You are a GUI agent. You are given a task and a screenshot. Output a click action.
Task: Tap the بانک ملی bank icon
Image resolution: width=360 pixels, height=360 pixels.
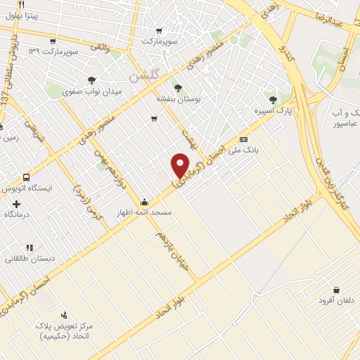click(244, 139)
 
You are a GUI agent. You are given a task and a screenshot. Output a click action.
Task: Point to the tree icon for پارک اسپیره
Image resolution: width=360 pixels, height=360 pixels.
click(273, 99)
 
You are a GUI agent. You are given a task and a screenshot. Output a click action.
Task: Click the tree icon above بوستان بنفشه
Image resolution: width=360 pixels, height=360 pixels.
click(177, 89)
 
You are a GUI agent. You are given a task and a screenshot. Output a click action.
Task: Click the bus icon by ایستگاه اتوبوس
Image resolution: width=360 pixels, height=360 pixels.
click(27, 178)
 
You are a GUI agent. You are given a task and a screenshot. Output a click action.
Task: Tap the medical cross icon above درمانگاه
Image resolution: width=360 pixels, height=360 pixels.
click(16, 204)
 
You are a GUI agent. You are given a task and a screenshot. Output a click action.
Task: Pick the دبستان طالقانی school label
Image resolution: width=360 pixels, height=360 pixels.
click(30, 258)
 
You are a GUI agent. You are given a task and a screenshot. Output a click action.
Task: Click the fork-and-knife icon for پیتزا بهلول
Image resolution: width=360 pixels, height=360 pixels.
click(22, 6)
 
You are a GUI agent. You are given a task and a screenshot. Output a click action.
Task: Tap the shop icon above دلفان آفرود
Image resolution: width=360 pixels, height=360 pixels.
click(335, 290)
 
